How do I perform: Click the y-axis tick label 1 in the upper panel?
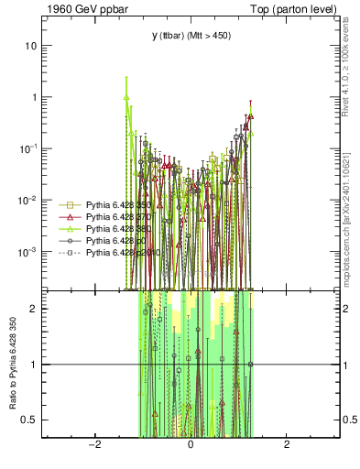coord(34,97)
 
